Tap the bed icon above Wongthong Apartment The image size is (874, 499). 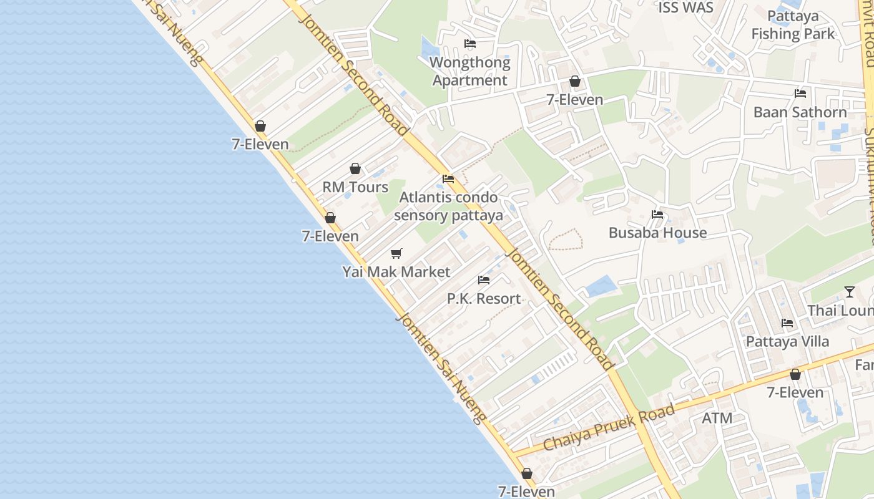470,44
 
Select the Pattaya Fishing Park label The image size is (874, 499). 793,25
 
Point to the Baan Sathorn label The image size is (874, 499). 800,112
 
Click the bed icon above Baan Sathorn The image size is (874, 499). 800,94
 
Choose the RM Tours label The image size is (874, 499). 355,187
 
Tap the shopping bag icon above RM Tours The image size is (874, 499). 355,168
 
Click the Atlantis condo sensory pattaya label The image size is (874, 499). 449,206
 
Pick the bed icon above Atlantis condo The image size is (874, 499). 448,179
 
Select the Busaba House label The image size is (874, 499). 657,233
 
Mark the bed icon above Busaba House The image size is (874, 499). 657,215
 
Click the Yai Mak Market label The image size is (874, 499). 396,272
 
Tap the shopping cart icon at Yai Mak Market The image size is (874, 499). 396,253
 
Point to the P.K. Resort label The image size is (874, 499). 484,299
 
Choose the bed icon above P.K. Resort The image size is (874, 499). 484,280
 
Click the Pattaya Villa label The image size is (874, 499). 787,342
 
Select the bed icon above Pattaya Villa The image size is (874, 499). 787,323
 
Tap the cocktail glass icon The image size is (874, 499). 850,291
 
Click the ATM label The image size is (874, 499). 717,418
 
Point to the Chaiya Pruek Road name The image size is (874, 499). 609,427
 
